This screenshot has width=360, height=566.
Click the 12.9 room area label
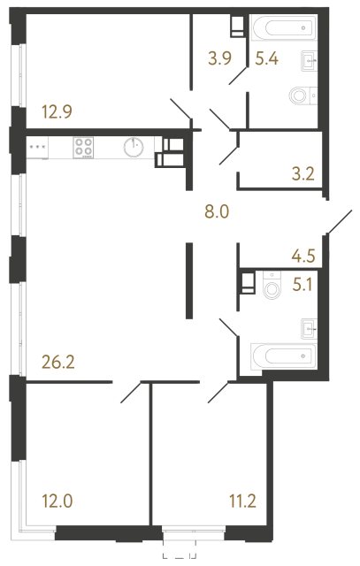click(56, 112)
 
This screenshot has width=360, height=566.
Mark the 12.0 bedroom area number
click(56, 501)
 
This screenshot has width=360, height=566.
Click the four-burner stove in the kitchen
click(84, 148)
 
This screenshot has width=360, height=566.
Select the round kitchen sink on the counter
click(134, 148)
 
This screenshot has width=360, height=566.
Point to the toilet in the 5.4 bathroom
click(301, 95)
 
